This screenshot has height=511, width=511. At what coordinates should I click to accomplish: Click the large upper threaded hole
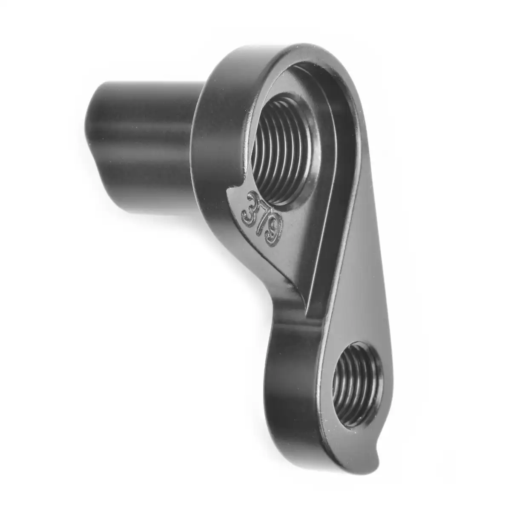284,149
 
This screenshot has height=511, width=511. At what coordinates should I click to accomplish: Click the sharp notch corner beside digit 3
228,189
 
